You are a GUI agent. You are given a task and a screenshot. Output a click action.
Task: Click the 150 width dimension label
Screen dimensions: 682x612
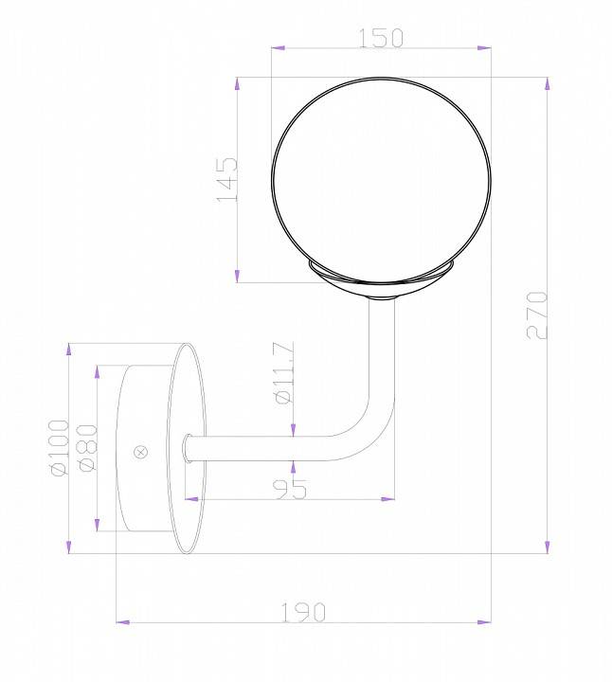click(381, 37)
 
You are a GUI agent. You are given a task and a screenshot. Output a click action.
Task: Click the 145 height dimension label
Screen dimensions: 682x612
click(226, 179)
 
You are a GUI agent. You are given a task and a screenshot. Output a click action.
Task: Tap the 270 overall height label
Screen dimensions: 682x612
click(536, 314)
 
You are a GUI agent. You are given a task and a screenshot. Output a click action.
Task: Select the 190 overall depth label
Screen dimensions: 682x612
click(303, 612)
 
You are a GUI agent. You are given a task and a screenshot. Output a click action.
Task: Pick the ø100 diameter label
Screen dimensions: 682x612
click(58, 447)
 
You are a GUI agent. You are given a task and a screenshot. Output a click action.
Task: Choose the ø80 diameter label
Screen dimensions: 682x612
click(86, 447)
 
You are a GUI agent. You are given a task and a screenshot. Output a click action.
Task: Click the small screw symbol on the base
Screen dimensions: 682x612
click(142, 452)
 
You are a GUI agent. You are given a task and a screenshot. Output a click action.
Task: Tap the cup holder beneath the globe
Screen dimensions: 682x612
click(382, 282)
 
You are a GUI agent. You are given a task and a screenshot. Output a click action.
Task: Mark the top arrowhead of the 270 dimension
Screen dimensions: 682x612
click(548, 83)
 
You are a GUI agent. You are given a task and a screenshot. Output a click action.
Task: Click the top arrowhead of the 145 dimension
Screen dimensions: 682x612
click(237, 83)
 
